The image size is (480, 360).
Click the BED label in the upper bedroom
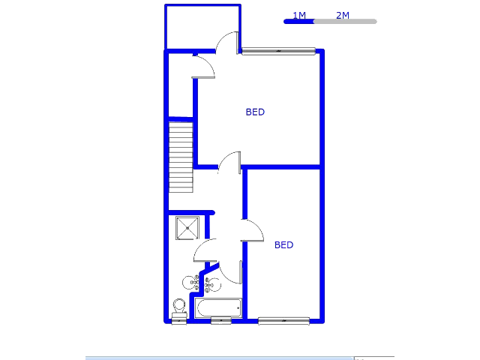pos(255,112)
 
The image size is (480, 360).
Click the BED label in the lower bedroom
pos(283,244)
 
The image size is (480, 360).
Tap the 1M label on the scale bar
pos(298,15)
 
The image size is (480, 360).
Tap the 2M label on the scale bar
pos(342,15)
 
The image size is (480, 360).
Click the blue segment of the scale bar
pos(298,22)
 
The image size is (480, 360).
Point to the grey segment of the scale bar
pos(344,22)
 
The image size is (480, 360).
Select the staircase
pos(181,156)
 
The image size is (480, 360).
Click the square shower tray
pos(187,227)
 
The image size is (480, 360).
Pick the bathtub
pos(218,307)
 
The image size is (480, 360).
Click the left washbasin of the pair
pos(190,283)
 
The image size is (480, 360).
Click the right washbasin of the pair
pos(212,283)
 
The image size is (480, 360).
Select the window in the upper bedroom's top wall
pos(278,51)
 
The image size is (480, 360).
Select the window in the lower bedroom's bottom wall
pos(283,321)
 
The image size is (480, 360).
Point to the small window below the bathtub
pos(221,321)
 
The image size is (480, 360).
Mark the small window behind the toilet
pos(179,320)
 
